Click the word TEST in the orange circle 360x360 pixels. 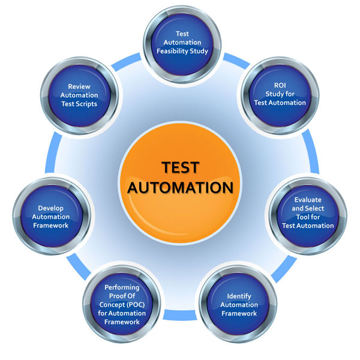tap(180, 167)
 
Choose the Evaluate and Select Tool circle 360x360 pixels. tap(308, 212)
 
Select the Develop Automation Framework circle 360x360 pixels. tap(52, 217)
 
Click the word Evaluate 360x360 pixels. tap(308, 200)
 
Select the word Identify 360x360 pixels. tap(239, 296)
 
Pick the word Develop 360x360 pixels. tap(52, 208)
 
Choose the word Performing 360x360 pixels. tap(122, 287)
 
